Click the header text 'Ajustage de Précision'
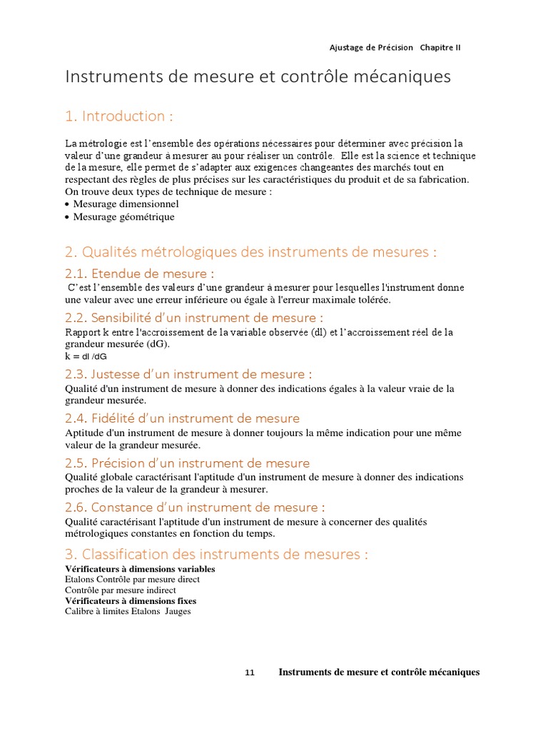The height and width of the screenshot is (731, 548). (x=371, y=48)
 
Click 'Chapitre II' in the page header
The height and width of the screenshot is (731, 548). (x=440, y=48)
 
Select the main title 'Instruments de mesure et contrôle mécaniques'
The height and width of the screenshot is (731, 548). (x=258, y=76)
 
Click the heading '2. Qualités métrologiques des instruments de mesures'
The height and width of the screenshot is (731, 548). (x=250, y=252)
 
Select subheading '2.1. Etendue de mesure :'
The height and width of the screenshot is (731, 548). (x=140, y=273)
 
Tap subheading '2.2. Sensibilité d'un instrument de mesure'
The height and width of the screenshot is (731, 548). (x=194, y=318)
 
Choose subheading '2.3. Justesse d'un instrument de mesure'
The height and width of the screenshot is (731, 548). (x=188, y=374)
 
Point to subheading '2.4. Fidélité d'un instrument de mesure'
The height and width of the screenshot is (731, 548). (x=182, y=418)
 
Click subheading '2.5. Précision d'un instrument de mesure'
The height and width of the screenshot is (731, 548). (x=187, y=463)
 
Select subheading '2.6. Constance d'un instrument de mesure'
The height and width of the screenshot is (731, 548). (x=194, y=508)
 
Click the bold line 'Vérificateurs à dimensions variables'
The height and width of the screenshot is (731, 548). (x=140, y=569)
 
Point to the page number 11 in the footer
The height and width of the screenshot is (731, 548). (x=250, y=672)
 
